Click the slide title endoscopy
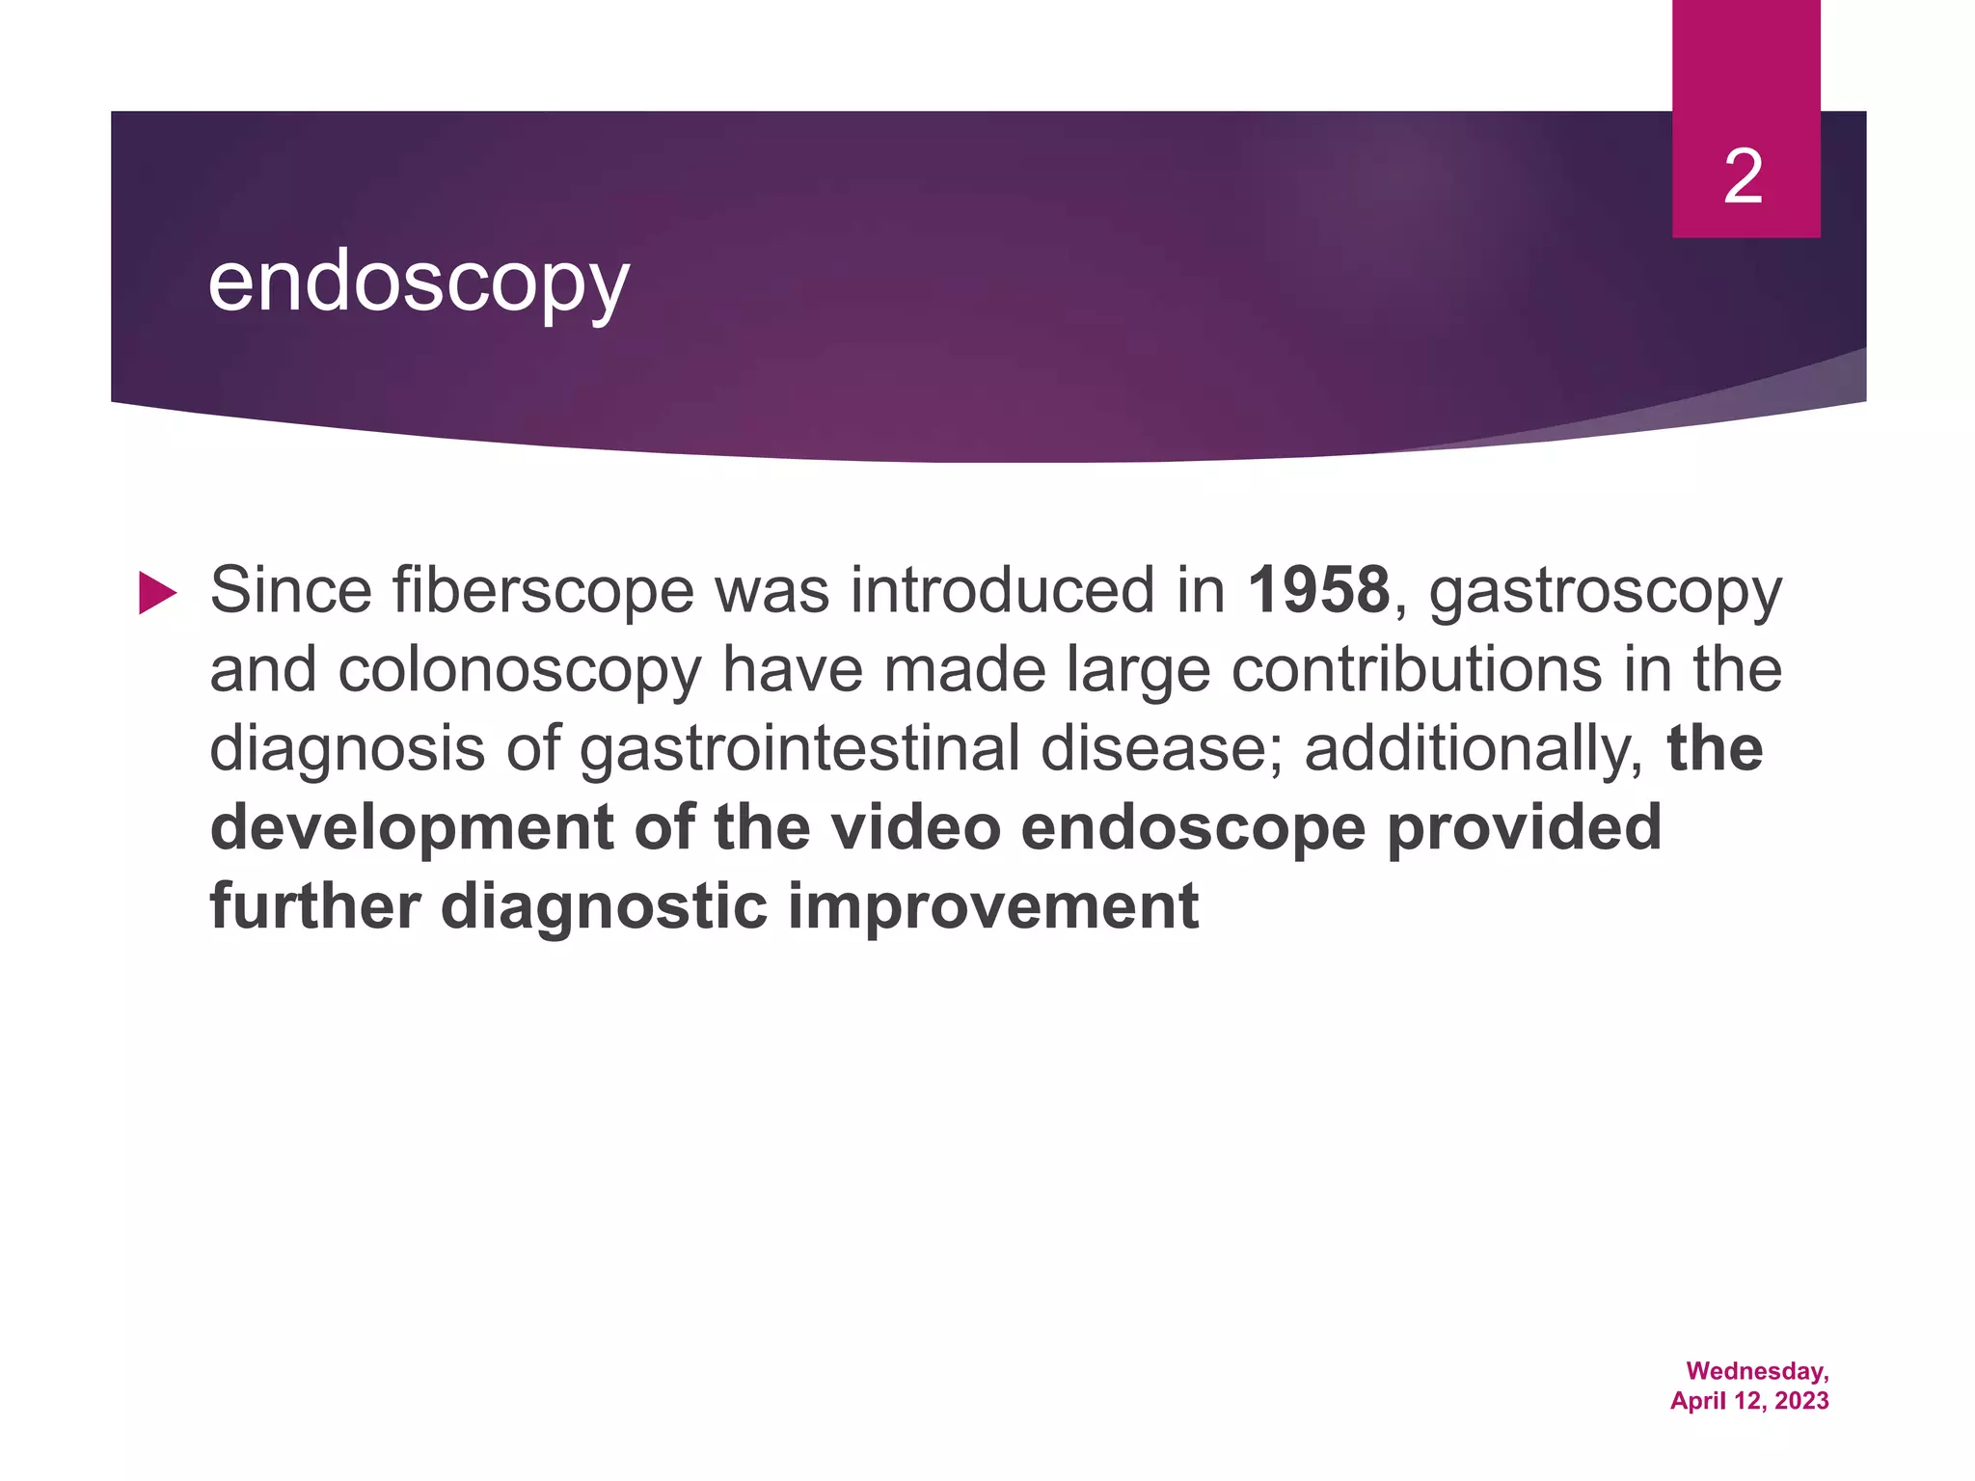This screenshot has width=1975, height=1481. [x=419, y=283]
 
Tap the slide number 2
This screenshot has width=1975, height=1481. [x=1744, y=177]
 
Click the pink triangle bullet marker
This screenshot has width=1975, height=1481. [x=157, y=592]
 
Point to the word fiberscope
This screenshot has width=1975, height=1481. [x=543, y=590]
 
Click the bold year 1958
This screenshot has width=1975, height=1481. [x=1318, y=590]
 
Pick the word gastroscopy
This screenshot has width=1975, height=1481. [x=1606, y=592]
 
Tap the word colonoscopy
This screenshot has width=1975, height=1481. [x=520, y=671]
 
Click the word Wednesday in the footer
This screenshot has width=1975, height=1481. [x=1756, y=1371]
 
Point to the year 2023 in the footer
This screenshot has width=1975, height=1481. [x=1800, y=1401]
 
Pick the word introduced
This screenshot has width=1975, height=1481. [x=1001, y=590]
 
